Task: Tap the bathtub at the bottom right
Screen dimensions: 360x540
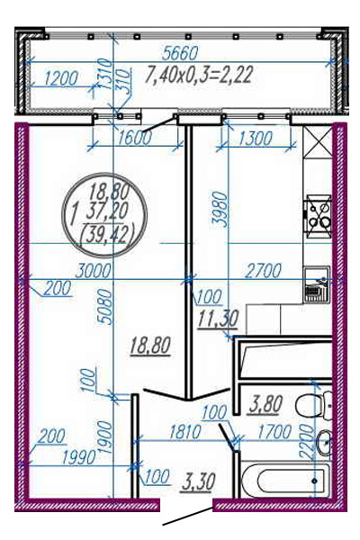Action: tap(285, 481)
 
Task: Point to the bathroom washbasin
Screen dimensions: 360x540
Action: tap(324, 442)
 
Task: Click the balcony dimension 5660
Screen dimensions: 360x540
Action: tap(180, 53)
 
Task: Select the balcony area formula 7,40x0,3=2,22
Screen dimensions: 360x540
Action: tap(199, 75)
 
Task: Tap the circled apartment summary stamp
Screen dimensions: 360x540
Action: tap(104, 215)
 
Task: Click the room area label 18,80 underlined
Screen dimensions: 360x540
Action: tap(150, 346)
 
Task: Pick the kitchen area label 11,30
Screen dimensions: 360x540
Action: tap(218, 319)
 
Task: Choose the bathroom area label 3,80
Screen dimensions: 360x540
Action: tap(265, 404)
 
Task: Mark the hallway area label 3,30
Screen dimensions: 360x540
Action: tap(199, 481)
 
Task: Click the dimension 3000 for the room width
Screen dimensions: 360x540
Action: tap(94, 271)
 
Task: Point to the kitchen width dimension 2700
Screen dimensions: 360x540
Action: tap(263, 271)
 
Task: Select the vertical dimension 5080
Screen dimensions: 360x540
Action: tap(105, 307)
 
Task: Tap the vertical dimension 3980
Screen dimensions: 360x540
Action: tap(220, 210)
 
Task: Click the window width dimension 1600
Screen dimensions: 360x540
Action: tap(134, 138)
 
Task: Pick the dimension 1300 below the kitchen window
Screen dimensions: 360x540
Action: tap(256, 138)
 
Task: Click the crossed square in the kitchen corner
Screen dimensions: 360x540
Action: tap(318, 142)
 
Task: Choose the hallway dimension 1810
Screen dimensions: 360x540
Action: tap(184, 432)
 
